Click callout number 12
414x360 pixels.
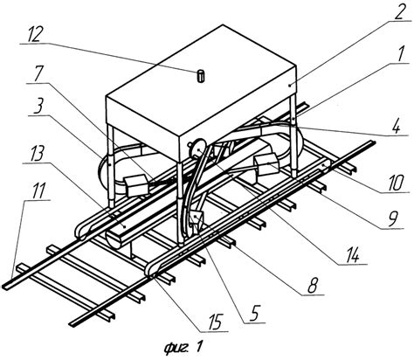[35, 34]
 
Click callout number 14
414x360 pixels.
[353, 255]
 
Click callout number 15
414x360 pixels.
[215, 322]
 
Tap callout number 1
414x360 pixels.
[402, 54]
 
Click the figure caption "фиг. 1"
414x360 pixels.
[183, 347]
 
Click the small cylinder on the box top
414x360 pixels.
[201, 75]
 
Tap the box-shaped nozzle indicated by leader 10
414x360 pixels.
[267, 164]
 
